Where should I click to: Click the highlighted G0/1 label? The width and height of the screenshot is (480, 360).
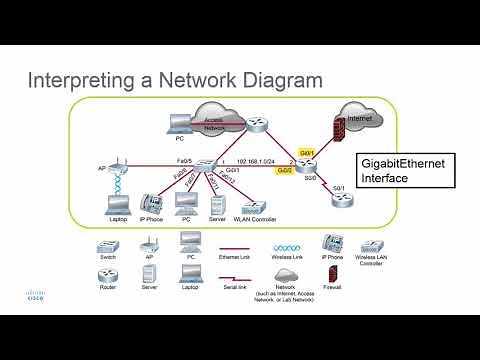[308, 152]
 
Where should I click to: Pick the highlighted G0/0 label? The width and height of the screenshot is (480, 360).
[285, 171]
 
